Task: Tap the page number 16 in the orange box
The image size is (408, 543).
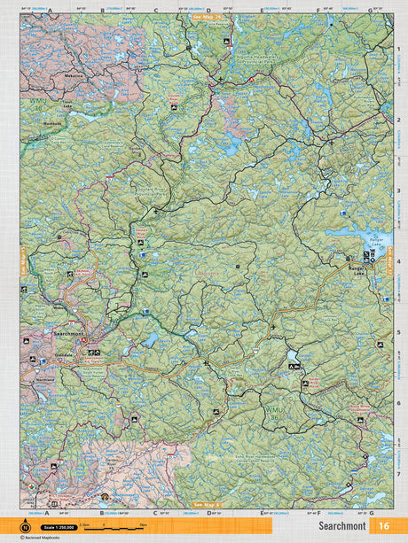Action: click(x=384, y=525)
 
